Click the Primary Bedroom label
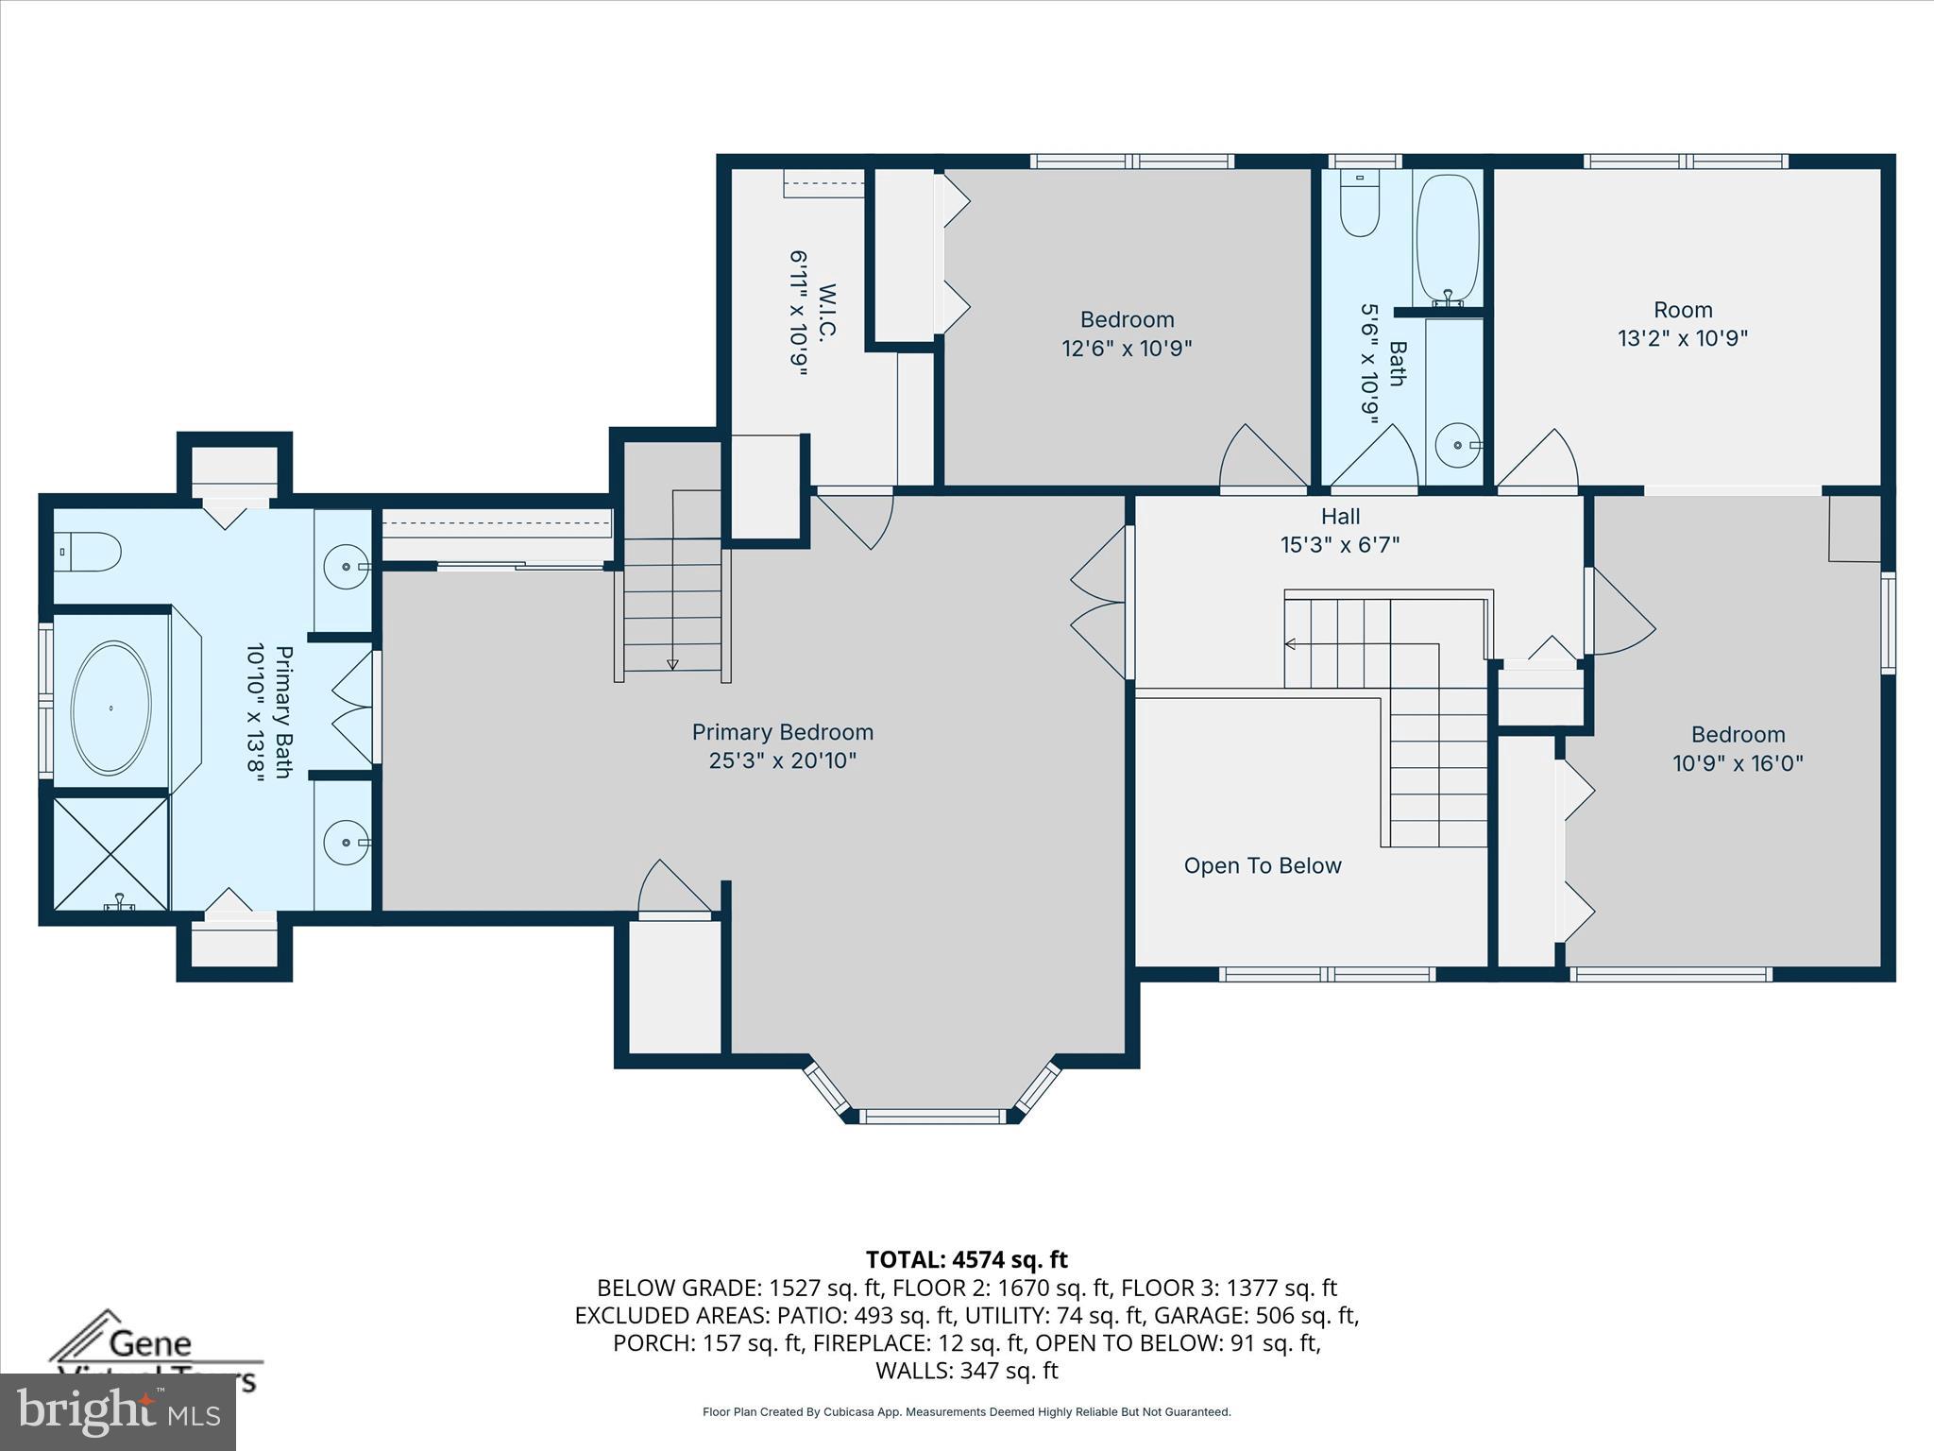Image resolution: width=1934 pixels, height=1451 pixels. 782,732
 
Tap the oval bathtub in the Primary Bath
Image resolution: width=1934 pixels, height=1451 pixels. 110,708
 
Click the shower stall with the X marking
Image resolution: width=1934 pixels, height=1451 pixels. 110,854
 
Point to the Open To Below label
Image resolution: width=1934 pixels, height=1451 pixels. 1262,865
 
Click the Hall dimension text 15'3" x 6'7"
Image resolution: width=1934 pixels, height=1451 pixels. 1339,545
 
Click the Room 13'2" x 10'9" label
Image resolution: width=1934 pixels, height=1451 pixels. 1682,324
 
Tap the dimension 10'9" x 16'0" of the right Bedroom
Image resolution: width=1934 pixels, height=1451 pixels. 1738,763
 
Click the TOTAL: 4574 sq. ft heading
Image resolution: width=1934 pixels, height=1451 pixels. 966,1259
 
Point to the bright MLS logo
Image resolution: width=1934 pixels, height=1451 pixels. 118,1412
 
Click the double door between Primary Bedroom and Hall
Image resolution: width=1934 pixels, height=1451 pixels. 1100,603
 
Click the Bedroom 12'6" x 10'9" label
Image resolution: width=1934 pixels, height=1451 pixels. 1127,333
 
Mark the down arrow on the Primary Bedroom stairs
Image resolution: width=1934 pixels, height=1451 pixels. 671,664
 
